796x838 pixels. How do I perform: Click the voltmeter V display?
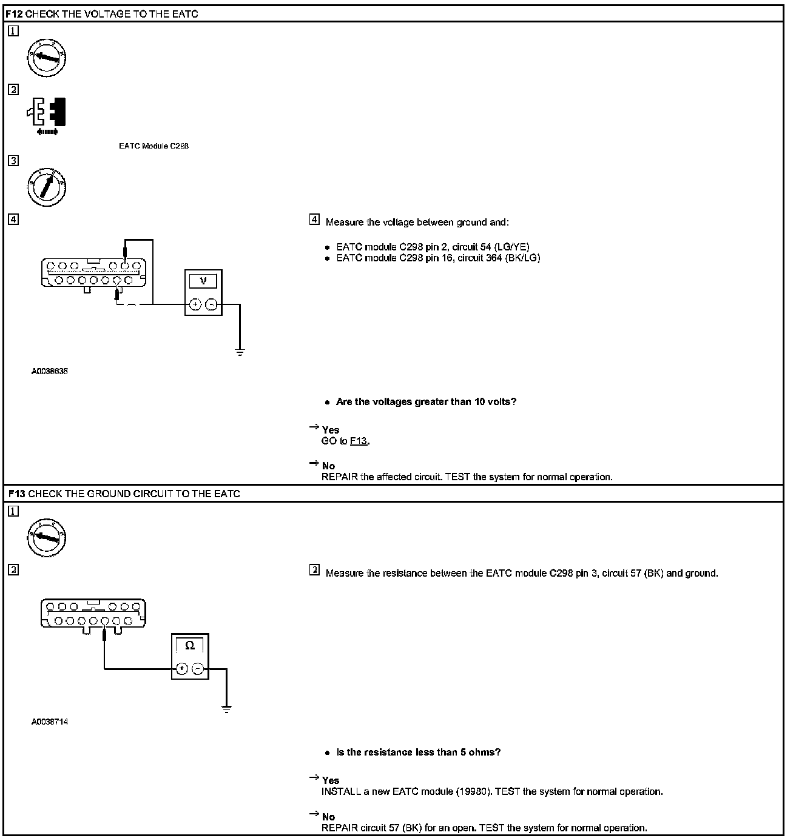(203, 281)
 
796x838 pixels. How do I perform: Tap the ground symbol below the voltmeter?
(240, 352)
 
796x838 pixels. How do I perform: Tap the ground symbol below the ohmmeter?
(226, 709)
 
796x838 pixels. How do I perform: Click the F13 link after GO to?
(359, 441)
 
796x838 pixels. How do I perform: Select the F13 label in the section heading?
(17, 494)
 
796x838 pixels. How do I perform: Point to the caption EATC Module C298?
(153, 146)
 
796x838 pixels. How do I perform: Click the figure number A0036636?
(50, 371)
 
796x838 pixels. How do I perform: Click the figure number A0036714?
(50, 722)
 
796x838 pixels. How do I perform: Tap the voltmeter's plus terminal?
(195, 304)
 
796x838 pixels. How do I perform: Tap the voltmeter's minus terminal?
(211, 304)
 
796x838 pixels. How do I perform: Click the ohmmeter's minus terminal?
(198, 669)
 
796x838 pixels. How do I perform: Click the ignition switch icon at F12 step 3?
(47, 186)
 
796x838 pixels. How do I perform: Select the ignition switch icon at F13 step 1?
(47, 537)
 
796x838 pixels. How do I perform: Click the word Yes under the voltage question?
(331, 430)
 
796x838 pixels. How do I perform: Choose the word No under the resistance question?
(328, 817)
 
